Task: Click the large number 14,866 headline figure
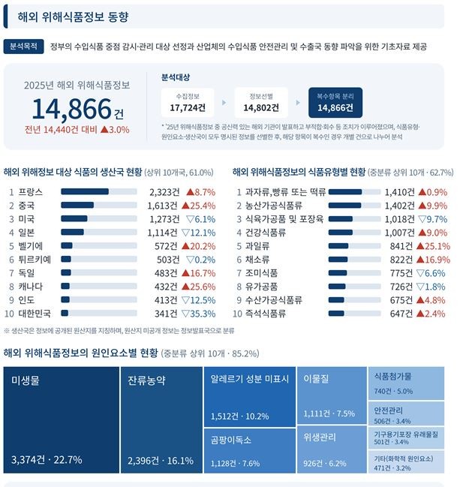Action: (71, 109)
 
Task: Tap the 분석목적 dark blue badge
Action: (23, 47)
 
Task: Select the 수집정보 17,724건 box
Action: (188, 103)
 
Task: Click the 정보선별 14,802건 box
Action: (261, 103)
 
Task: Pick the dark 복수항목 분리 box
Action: (335, 103)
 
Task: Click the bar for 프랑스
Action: (99, 191)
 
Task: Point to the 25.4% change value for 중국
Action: (203, 206)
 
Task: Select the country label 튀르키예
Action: (35, 260)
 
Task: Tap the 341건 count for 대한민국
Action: (166, 314)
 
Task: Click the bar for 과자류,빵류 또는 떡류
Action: (354, 192)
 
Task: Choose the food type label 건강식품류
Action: (266, 233)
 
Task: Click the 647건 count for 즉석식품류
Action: (401, 314)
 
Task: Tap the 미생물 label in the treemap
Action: (26, 380)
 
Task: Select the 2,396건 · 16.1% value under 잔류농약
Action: (161, 461)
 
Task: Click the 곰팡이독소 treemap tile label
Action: (231, 440)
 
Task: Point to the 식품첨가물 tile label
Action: (393, 377)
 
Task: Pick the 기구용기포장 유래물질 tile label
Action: (406, 434)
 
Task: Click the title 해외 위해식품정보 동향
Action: (73, 17)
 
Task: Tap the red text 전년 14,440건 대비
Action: (61, 130)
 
